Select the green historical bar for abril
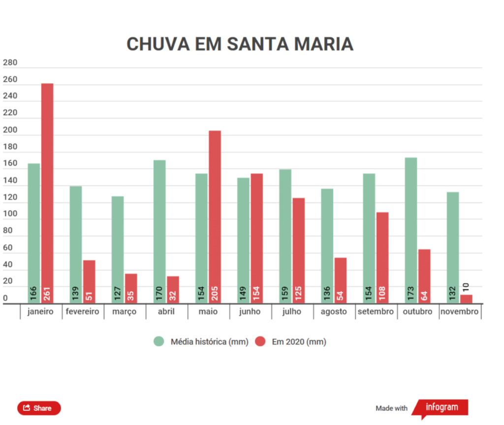159,231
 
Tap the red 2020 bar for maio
215,217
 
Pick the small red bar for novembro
466,299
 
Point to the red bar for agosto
341,280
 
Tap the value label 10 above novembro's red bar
466,287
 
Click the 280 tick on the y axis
10,63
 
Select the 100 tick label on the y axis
10,215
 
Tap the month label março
125,312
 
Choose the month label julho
292,312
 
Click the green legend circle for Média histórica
159,341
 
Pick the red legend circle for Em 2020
260,341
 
